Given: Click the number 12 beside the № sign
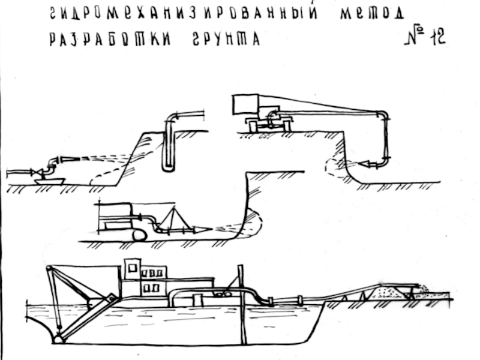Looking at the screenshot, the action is [x=436, y=37].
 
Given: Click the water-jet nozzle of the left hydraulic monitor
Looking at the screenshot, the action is [x=67, y=160].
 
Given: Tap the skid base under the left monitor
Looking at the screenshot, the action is [x=49, y=179].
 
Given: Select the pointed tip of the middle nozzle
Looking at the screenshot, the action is [x=207, y=229].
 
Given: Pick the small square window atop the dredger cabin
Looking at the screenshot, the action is [x=133, y=266].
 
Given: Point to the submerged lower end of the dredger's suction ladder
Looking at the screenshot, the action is [x=58, y=340].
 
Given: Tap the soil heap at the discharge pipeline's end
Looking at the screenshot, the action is [x=387, y=292].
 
